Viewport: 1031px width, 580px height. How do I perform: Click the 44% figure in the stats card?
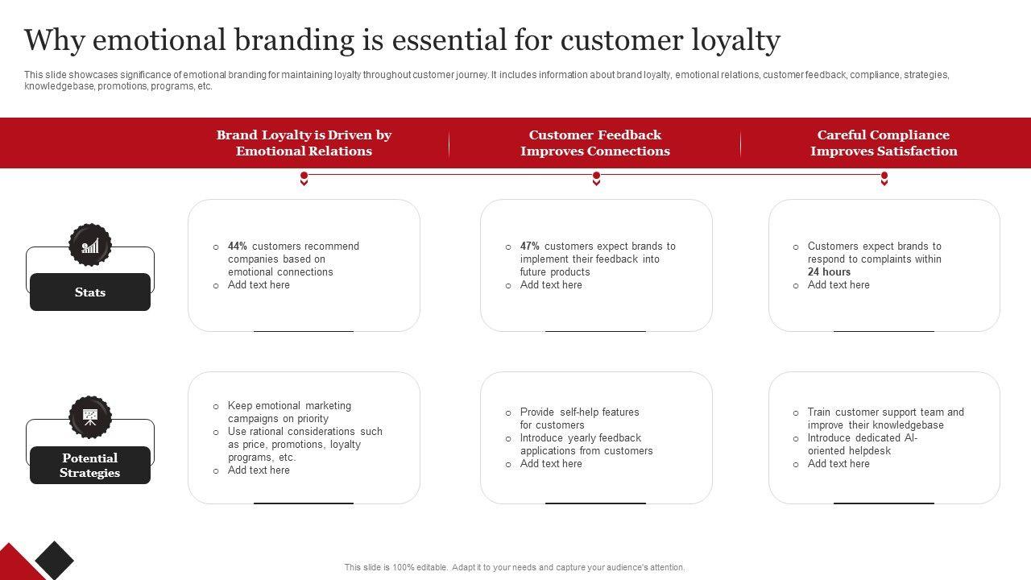pos(238,246)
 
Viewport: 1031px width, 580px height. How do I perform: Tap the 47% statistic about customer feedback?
pos(530,246)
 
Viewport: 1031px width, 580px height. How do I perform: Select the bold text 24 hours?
pos(829,272)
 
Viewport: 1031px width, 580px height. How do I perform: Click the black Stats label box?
pos(90,292)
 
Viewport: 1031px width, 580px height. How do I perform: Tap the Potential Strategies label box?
pos(90,466)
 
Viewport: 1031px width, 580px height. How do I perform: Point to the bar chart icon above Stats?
pos(90,245)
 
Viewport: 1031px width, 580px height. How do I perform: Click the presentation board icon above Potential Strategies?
pos(90,416)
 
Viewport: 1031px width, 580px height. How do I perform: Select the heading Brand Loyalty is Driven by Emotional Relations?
pos(304,143)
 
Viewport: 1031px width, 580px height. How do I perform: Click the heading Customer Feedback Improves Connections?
pos(595,143)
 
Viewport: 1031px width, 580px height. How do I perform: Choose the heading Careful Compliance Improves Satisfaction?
pos(884,143)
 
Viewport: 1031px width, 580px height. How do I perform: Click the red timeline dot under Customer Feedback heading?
pos(596,176)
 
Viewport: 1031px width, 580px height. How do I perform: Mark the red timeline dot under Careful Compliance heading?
pos(884,176)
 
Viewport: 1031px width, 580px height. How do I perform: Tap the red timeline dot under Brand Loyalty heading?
pos(304,176)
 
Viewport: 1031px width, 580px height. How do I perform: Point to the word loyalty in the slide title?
pos(735,39)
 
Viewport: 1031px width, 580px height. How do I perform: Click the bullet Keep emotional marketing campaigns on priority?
pos(289,412)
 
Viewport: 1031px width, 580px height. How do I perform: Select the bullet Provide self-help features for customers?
pos(579,419)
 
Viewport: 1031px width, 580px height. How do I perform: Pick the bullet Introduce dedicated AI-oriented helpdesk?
pos(862,445)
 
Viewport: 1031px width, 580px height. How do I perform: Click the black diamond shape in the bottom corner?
pos(54,559)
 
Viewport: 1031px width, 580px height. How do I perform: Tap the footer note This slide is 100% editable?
pos(515,567)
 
